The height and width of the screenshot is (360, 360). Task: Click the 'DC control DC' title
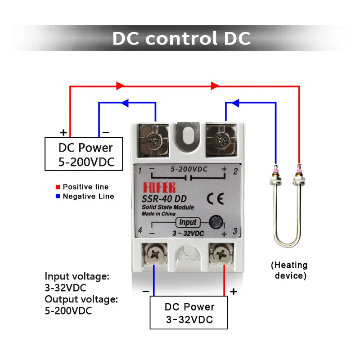(181, 38)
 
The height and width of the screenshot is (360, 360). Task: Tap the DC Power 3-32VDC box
(189, 313)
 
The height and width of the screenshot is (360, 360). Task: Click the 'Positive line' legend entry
(85, 186)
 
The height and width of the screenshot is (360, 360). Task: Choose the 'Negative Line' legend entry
(88, 196)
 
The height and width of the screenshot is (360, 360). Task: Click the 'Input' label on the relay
(188, 222)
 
